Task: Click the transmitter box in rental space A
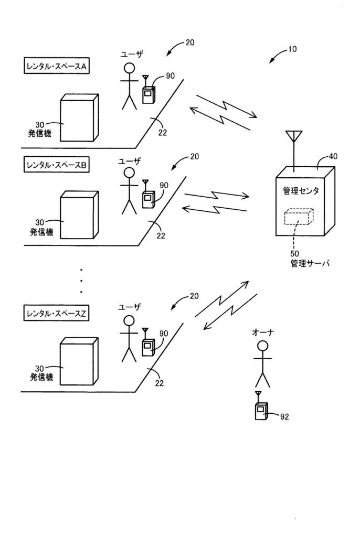pyautogui.click(x=79, y=118)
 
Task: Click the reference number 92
pyautogui.click(x=283, y=417)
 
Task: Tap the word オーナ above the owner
pyautogui.click(x=263, y=331)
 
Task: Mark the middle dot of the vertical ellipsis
pyautogui.click(x=82, y=280)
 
